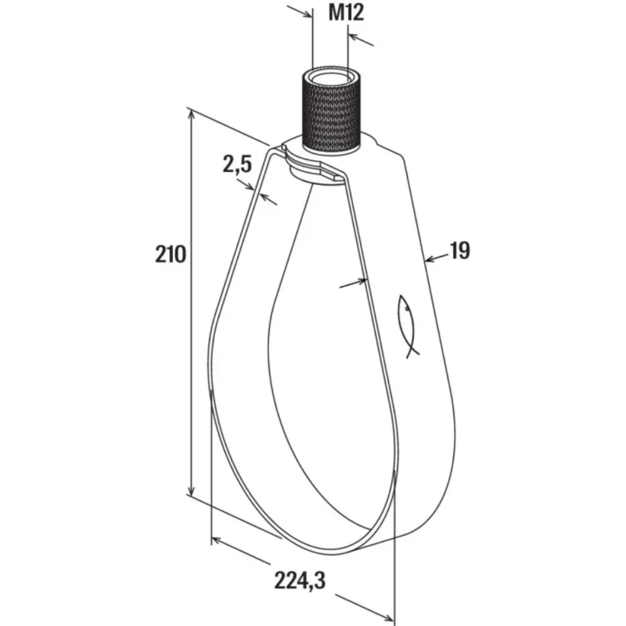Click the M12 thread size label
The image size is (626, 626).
coord(346,13)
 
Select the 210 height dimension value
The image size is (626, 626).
coord(170,254)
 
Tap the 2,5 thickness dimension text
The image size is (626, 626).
coord(237,165)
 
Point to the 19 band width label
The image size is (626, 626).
coord(460,251)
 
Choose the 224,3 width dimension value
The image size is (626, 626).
coord(299,580)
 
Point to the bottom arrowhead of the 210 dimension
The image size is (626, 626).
coord(192,490)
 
